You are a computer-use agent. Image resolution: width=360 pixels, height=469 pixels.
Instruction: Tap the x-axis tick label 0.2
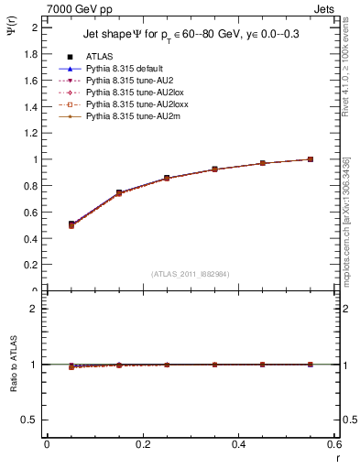(142, 443)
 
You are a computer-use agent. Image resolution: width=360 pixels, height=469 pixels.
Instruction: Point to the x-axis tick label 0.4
(238, 443)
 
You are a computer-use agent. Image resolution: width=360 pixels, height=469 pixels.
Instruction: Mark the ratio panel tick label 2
(35, 309)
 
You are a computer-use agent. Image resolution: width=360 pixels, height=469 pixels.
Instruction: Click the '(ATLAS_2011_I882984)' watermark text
(191, 274)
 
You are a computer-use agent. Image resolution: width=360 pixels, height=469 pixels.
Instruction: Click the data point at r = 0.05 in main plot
(71, 224)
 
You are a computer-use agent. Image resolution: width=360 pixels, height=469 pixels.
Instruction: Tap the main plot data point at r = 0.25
(167, 178)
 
